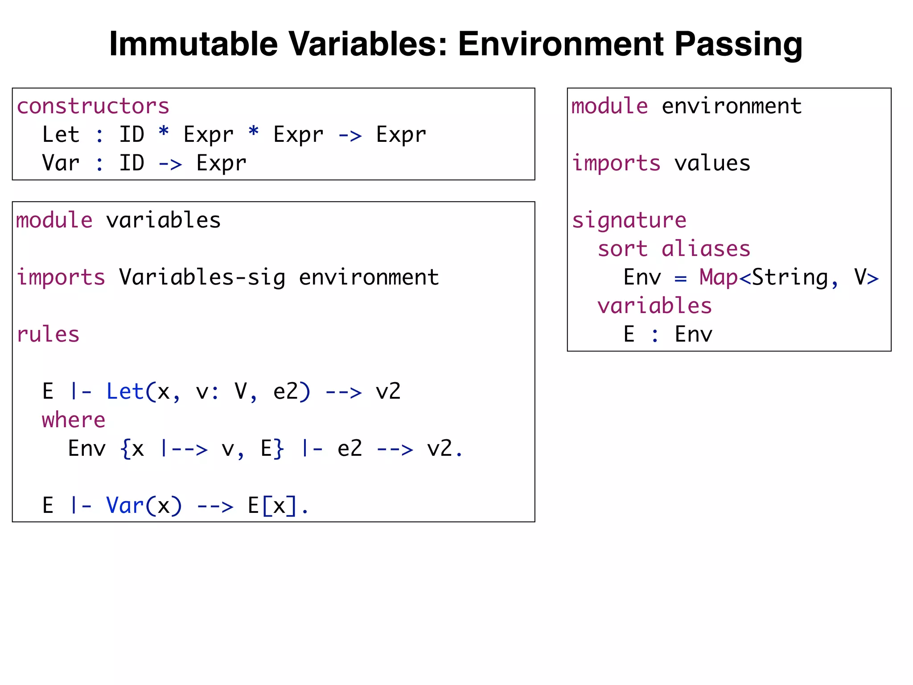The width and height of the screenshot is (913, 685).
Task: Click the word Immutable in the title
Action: [193, 44]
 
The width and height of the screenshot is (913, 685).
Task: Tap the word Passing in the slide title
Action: [738, 44]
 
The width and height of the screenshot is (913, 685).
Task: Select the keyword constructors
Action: [93, 107]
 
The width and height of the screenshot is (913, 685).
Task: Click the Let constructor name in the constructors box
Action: [61, 135]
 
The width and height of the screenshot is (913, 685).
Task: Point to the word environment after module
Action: [731, 107]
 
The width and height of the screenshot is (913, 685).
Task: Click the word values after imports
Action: [712, 163]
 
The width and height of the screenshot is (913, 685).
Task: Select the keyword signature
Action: [629, 220]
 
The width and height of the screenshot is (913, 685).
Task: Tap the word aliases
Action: [706, 249]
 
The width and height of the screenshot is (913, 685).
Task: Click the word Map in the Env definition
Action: [718, 277]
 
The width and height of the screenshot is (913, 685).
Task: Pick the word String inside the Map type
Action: [790, 277]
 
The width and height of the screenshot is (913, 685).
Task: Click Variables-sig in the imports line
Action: [202, 277]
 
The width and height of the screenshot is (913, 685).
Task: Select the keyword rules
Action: [48, 334]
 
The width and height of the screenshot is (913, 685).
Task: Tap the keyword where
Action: [74, 420]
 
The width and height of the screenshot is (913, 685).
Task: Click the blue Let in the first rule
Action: [125, 392]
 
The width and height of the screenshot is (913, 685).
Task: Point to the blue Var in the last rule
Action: [125, 506]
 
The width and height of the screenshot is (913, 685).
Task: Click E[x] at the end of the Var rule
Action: [272, 506]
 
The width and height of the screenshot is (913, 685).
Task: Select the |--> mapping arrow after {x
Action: [184, 449]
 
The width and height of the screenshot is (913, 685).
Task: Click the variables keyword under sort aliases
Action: [654, 306]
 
